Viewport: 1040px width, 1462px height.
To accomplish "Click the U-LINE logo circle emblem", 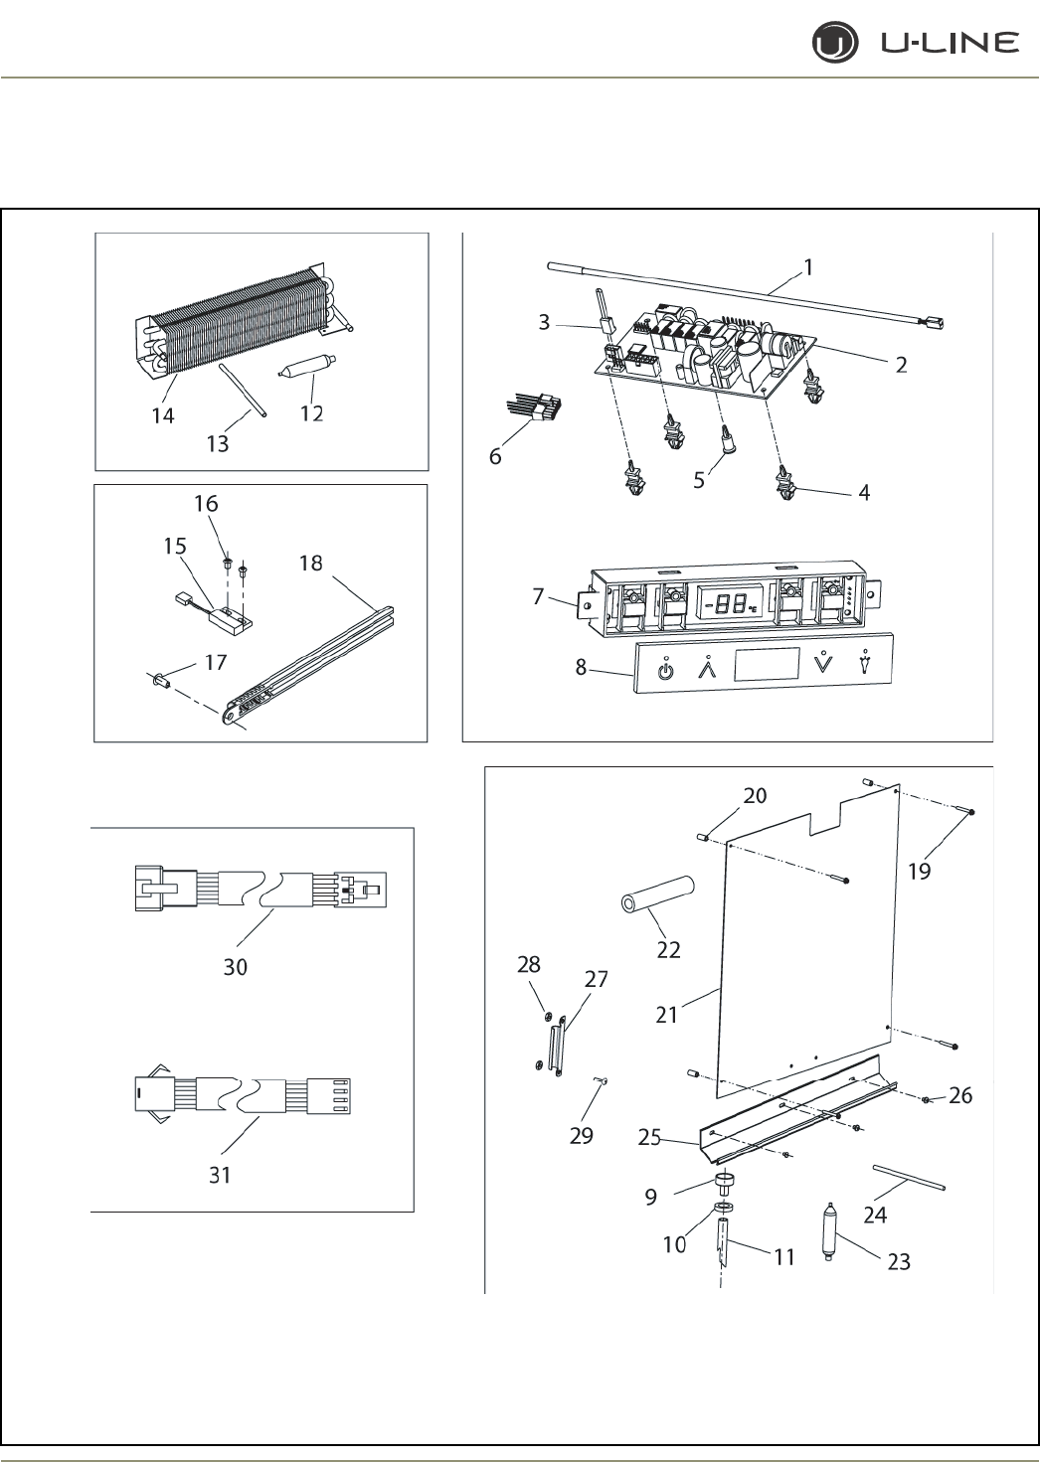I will point(831,44).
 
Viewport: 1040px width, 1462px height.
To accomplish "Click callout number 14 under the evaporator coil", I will point(162,415).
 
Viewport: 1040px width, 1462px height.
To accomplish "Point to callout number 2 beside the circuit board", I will point(900,364).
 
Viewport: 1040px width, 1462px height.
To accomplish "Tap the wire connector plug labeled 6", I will point(543,408).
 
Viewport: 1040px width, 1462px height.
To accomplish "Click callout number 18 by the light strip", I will point(310,563).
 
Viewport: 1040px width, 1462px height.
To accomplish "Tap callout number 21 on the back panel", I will point(666,1015).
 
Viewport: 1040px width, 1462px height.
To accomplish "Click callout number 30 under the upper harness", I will point(235,966).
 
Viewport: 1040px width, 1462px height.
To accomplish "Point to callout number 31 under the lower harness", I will point(220,1174).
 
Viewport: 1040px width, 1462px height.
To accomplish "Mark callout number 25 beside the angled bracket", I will point(649,1138).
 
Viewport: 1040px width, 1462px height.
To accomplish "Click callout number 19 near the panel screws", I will point(919,871).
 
